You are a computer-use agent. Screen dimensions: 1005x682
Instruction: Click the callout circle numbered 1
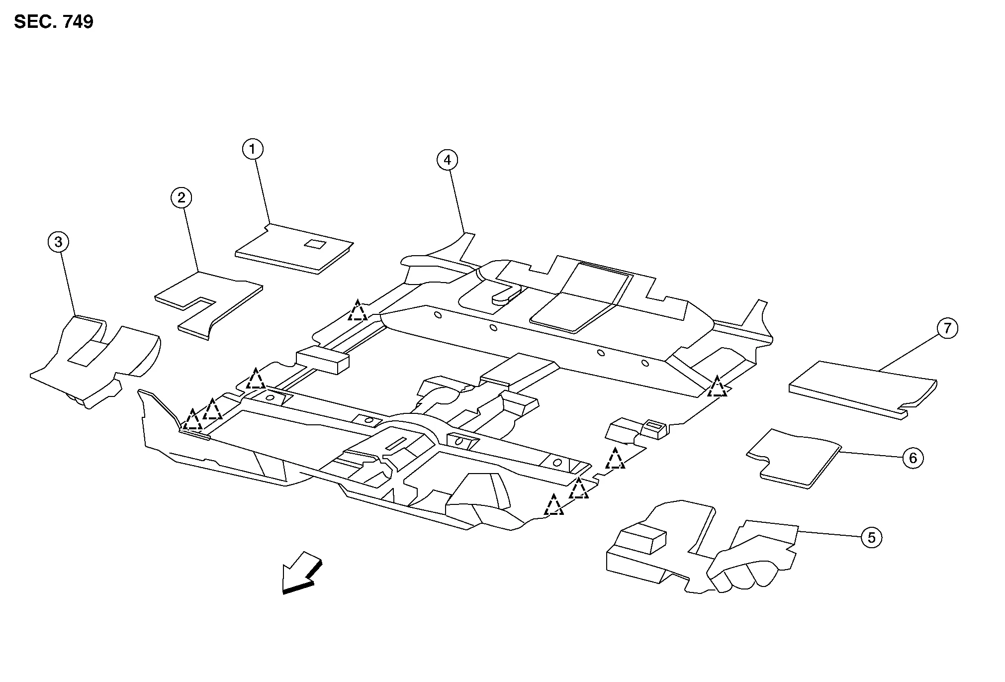click(x=253, y=149)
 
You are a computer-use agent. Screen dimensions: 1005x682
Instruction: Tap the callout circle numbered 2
click(x=182, y=198)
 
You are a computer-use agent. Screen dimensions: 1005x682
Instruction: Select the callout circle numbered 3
click(x=59, y=242)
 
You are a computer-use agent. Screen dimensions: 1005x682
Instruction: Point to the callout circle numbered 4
click(x=447, y=160)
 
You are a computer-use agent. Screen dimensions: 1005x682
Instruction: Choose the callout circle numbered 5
click(x=871, y=538)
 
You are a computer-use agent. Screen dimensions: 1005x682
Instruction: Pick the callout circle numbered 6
click(x=913, y=458)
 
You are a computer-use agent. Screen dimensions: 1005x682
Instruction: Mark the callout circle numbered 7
click(x=947, y=329)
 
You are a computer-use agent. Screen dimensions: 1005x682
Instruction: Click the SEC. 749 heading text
click(x=54, y=22)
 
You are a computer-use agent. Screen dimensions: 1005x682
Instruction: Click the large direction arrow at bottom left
click(x=301, y=573)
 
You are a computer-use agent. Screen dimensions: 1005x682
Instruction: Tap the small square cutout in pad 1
click(x=315, y=244)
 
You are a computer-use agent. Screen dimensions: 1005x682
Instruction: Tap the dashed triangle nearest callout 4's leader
click(x=358, y=310)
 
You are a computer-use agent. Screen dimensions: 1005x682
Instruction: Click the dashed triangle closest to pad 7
click(x=717, y=387)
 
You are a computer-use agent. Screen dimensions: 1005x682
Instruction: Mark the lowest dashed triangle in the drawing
click(x=553, y=505)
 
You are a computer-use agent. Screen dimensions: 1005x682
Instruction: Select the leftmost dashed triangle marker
click(x=192, y=420)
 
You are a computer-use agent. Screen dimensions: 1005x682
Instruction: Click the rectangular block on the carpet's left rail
click(x=322, y=361)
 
